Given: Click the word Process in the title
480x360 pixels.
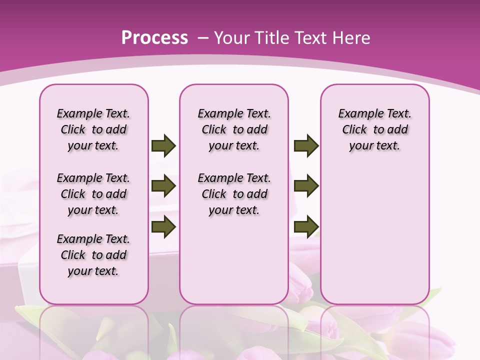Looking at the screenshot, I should tap(154, 37).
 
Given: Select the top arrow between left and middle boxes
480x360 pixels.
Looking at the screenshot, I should tap(163, 145).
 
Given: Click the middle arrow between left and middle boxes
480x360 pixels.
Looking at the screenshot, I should tap(163, 186).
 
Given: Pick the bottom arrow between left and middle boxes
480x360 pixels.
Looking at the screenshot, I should tap(163, 226).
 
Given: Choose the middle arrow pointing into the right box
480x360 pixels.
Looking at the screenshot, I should tap(306, 186).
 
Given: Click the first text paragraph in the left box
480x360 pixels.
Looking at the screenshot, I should tap(93, 129).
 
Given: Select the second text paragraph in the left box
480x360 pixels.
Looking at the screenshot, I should tap(93, 194).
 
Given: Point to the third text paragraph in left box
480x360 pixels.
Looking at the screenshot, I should tap(93, 255).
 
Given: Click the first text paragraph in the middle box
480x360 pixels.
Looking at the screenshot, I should tap(234, 129).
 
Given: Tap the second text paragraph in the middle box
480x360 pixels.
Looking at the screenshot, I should tap(234, 194).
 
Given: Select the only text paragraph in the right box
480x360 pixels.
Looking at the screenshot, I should tap(375, 129).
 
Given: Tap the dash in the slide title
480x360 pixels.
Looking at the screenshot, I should tap(203, 38).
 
